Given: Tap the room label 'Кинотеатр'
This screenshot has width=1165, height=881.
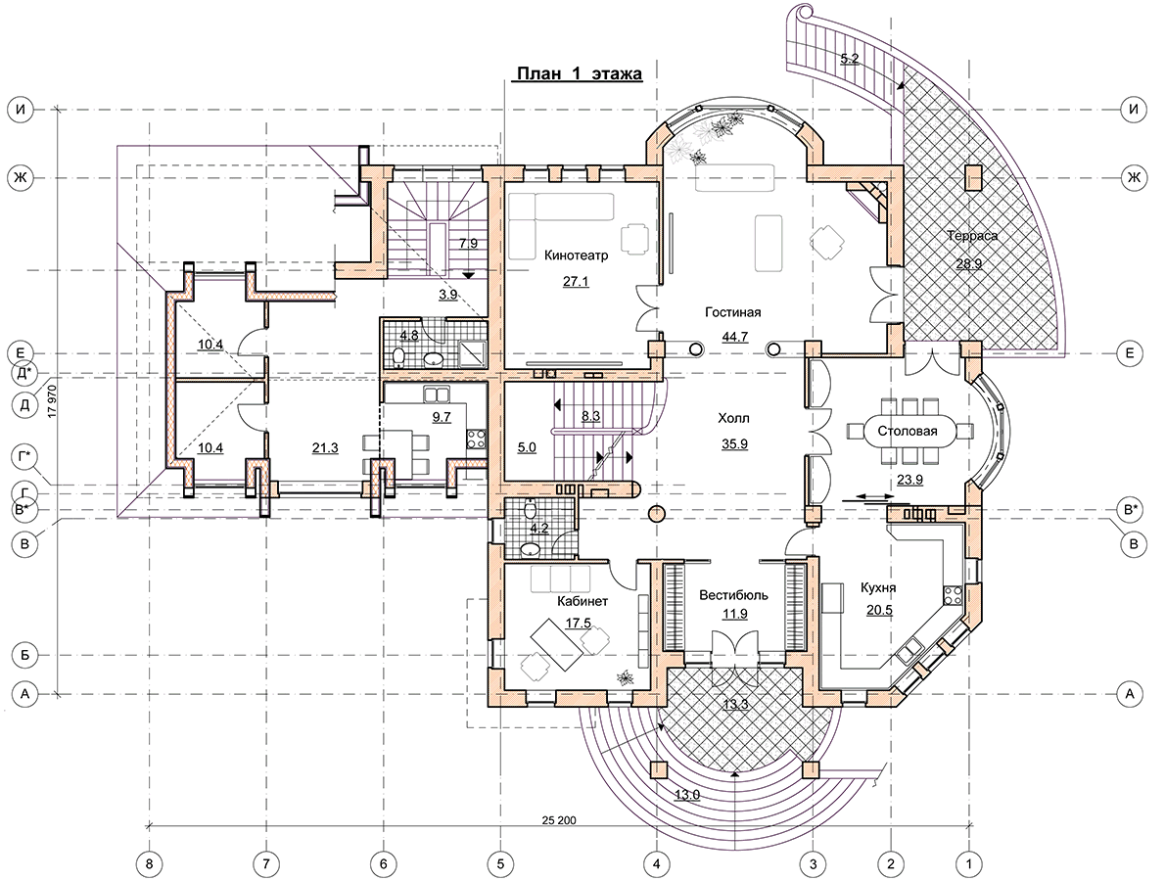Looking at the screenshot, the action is [576, 256].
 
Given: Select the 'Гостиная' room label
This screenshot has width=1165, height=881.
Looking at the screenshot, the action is [732, 312].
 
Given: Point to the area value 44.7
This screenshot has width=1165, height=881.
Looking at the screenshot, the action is [735, 337].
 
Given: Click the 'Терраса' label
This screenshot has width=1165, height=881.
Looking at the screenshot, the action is [972, 236].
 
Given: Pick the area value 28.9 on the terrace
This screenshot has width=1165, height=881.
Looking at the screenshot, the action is [969, 263].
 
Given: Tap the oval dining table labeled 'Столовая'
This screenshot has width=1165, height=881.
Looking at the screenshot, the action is [908, 431].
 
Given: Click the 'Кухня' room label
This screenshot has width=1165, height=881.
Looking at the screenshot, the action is [878, 587].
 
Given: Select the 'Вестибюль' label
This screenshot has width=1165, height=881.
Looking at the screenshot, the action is [734, 596].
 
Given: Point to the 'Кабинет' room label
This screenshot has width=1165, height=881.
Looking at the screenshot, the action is [582, 602].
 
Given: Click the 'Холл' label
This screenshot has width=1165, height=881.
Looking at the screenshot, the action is [734, 419].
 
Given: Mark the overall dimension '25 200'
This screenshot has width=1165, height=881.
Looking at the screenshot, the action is [559, 820].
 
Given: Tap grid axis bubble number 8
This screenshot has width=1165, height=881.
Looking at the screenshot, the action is [150, 864].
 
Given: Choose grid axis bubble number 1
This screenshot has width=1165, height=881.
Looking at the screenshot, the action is [969, 864].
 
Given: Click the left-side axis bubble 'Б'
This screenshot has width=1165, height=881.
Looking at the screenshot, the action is [25, 656].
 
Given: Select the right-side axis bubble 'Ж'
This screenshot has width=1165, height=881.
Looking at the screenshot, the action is [1133, 177].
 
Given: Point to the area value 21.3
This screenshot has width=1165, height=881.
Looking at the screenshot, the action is [325, 448].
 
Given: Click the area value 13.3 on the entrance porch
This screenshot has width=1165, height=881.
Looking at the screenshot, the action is [735, 705].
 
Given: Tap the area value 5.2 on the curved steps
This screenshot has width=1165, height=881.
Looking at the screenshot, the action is [849, 59].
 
